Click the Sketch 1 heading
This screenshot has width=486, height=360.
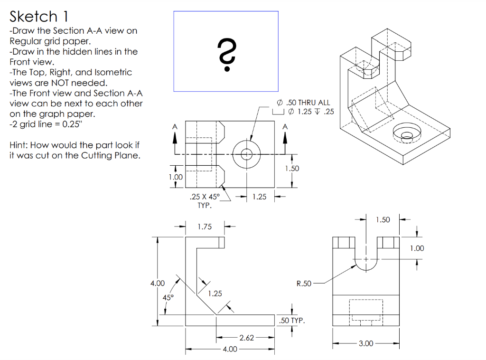39,17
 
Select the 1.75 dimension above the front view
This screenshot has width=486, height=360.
205,227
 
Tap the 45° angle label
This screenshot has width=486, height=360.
168,297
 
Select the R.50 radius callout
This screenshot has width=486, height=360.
304,284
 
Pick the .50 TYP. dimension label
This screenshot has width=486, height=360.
291,321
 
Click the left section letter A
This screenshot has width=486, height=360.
175,126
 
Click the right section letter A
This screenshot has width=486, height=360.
285,126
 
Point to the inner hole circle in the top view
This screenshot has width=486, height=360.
246,154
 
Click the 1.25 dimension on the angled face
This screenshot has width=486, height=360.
215,294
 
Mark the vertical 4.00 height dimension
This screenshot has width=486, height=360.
157,284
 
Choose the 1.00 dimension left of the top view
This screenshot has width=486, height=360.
176,177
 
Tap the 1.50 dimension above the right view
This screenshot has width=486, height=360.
383,219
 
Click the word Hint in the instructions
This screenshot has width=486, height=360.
19,145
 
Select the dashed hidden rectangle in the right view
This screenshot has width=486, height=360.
365,310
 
